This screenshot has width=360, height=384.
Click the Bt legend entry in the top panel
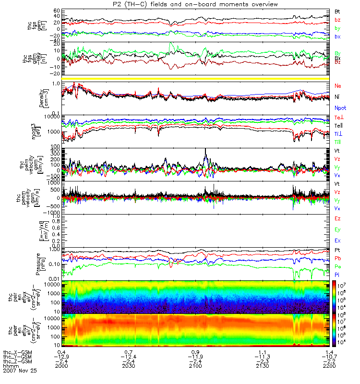tap(337, 11)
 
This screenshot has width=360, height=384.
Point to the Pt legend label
tap(337, 251)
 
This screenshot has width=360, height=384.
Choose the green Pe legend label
tap(337, 266)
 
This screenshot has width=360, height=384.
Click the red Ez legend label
tap(338, 218)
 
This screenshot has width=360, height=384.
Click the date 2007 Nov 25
tap(20, 371)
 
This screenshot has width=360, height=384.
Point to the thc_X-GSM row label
tap(19, 352)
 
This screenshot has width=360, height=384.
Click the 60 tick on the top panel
tap(57, 10)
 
